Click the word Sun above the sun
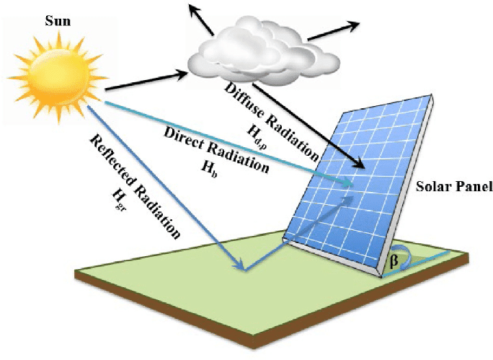click(58, 21)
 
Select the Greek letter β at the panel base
click(394, 261)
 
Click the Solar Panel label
click(454, 187)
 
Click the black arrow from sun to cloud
click(146, 81)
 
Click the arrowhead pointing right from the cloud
click(353, 25)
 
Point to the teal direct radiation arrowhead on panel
click(347, 183)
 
